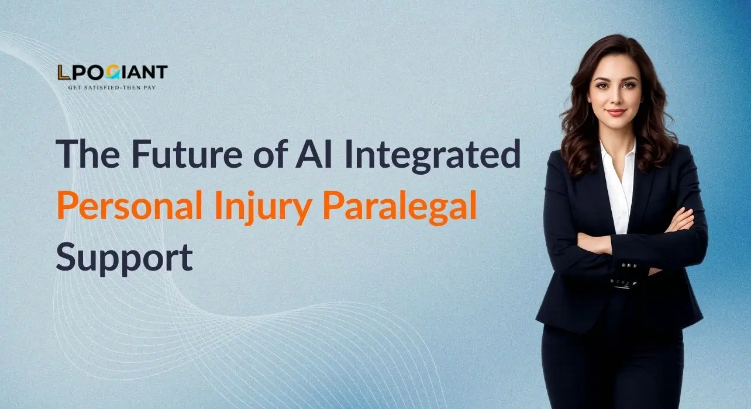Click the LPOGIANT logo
112,73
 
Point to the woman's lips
615,112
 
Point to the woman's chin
615,124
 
